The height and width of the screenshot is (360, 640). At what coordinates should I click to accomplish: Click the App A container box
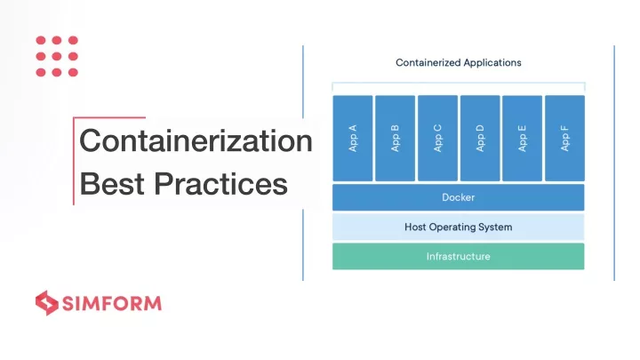(353, 138)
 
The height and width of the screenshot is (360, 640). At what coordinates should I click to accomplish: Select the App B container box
(395, 138)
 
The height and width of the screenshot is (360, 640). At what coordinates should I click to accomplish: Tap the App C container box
(437, 138)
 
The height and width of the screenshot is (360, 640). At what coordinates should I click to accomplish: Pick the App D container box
(480, 138)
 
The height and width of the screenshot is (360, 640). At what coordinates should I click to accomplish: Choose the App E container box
(522, 138)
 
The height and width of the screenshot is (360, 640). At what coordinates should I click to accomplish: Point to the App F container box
(565, 138)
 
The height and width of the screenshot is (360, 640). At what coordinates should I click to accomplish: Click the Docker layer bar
(459, 197)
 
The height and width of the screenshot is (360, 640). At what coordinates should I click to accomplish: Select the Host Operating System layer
(459, 227)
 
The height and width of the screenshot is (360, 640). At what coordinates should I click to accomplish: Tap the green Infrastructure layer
(459, 256)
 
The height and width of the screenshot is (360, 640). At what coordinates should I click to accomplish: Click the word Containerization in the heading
(196, 140)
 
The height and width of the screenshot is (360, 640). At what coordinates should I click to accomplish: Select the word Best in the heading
(112, 184)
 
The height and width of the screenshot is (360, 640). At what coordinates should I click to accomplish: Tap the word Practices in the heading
(220, 184)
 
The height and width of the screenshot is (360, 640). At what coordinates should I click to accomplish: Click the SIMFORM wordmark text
(112, 304)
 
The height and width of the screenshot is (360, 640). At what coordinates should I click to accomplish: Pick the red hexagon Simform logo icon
(47, 303)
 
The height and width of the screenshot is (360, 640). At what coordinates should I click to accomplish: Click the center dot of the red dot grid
(57, 56)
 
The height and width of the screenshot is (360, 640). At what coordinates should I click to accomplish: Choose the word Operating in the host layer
(452, 228)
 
